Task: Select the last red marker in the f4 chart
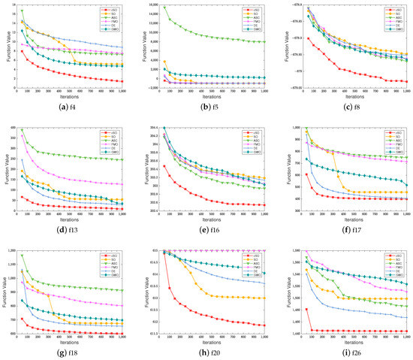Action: (122, 81)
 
